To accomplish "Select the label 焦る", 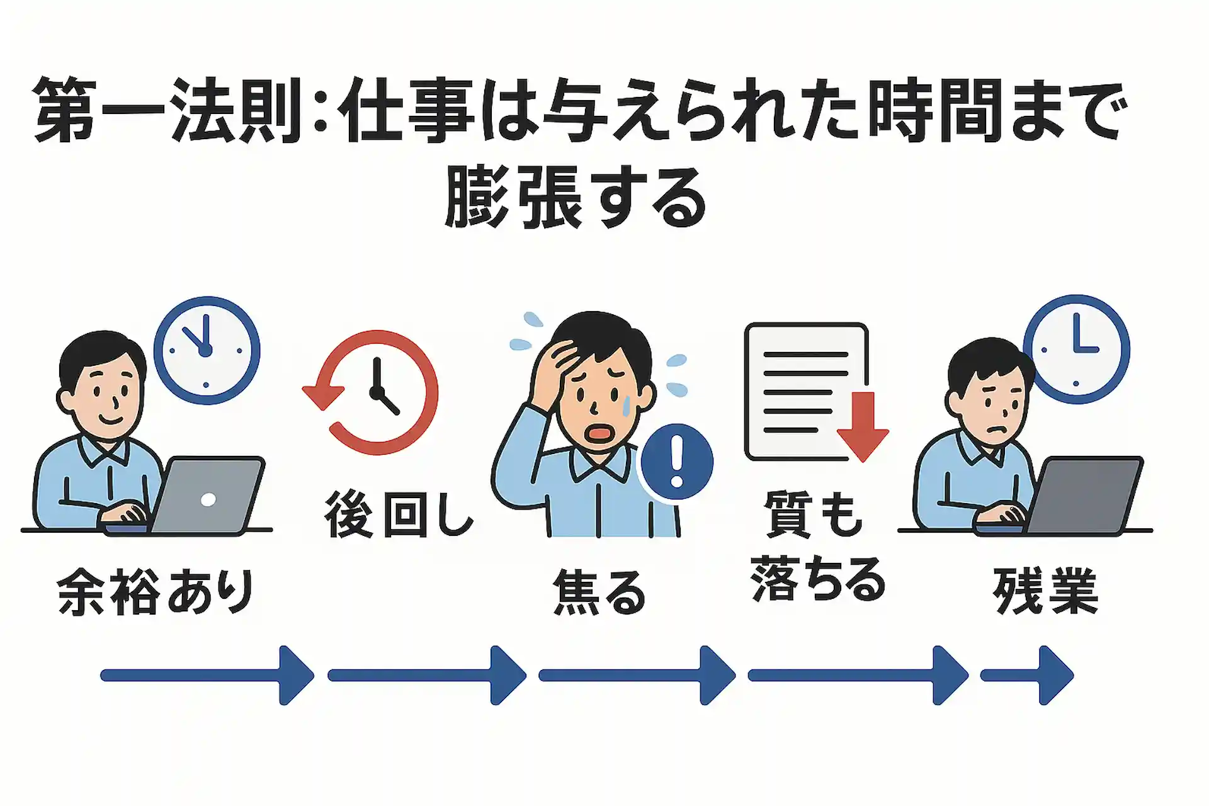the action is click(599, 592).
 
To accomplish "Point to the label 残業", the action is click(1045, 591).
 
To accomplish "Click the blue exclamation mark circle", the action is click(677, 462).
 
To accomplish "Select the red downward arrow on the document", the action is click(863, 426).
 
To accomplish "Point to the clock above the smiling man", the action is click(207, 350).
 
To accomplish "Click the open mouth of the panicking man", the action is click(599, 433).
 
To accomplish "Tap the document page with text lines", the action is click(806, 392).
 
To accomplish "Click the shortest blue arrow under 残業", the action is click(1027, 675).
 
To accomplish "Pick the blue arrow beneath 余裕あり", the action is click(207, 675).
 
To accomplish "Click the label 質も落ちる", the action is click(817, 547).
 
